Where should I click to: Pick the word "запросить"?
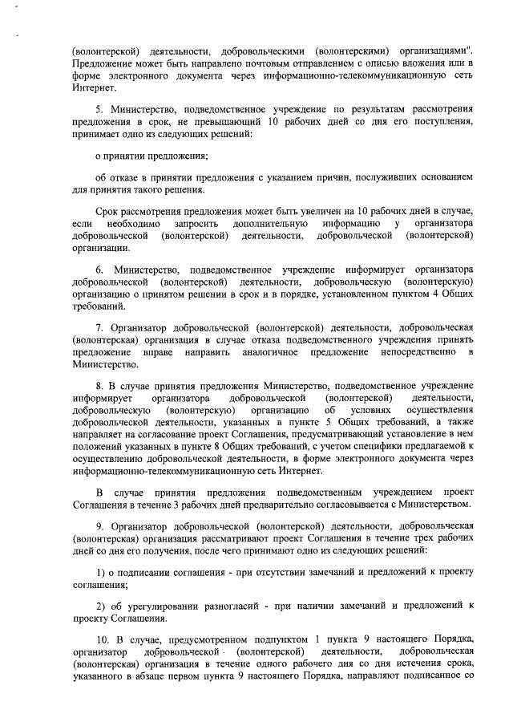pos(196,222)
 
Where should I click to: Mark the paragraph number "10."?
pos(103,639)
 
